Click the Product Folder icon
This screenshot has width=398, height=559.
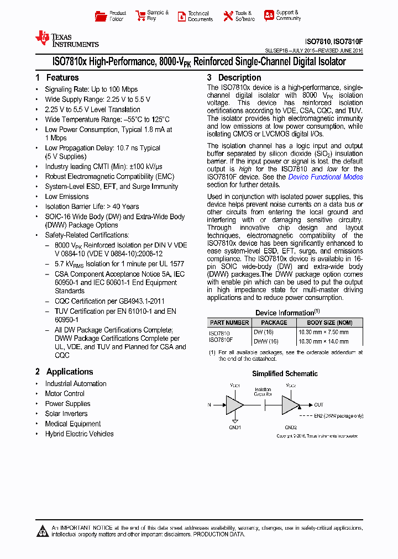tap(101, 16)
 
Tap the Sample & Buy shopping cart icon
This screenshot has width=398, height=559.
tap(139, 16)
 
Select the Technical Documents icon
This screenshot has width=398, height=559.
tap(182, 16)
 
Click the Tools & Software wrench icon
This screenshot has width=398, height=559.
tap(228, 16)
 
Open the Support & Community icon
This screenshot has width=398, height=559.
tap(269, 15)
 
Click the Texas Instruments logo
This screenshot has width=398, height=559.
tap(67, 39)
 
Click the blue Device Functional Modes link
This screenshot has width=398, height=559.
tap(326, 177)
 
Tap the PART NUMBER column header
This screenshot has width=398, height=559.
tap(229, 323)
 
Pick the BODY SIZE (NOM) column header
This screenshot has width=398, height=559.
tap(329, 323)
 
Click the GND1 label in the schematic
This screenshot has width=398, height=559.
tap(235, 427)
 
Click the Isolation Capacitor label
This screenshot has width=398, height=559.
tap(263, 392)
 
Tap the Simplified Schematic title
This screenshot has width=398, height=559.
tap(285, 374)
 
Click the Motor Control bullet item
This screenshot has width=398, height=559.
tap(65, 394)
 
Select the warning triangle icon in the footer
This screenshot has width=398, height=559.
tap(43, 531)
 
